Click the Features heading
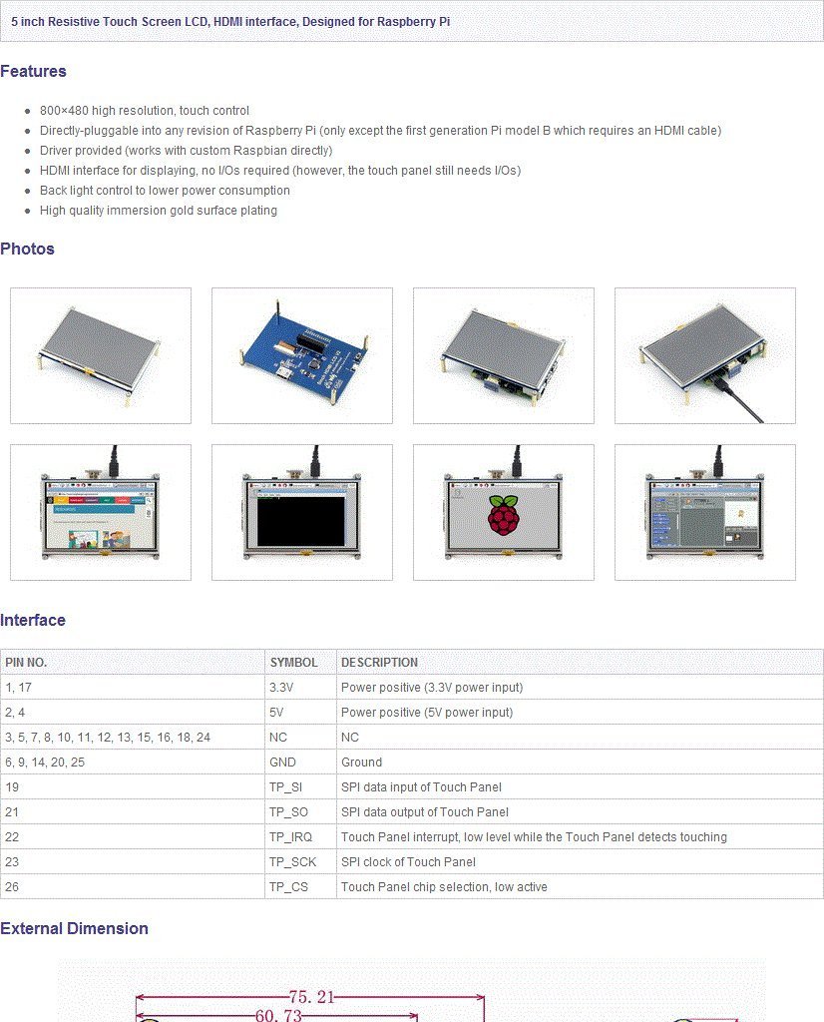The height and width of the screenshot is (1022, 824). tap(33, 71)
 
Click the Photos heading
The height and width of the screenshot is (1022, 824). tap(27, 249)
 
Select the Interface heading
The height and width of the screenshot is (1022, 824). tap(33, 620)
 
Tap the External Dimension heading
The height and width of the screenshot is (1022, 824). tap(74, 928)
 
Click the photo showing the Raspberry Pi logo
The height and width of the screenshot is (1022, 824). tap(503, 512)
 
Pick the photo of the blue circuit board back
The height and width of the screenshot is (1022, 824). tap(301, 355)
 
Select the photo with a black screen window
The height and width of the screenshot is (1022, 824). tap(301, 512)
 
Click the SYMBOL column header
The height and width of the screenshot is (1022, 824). tap(293, 662)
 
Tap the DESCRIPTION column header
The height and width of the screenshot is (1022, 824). tap(379, 662)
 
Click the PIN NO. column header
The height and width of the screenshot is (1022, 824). tap(26, 662)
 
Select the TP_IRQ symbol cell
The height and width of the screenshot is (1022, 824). tap(290, 837)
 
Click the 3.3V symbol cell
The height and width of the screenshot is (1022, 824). tap(281, 688)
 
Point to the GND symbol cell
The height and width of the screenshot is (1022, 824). tap(282, 762)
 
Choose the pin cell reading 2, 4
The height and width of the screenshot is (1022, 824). tap(15, 713)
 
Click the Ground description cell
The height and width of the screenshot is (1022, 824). tap(361, 762)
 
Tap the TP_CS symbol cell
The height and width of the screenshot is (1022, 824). tap(287, 887)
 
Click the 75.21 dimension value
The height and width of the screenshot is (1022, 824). tap(311, 997)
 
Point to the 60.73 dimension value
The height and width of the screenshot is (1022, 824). tap(279, 1015)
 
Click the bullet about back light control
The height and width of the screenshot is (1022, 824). tap(165, 191)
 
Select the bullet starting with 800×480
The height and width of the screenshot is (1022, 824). tap(145, 111)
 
